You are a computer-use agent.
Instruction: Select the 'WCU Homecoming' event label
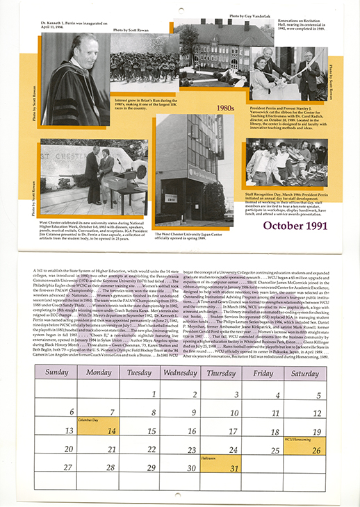(297, 440)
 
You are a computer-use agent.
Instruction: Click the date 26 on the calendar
(317, 449)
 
